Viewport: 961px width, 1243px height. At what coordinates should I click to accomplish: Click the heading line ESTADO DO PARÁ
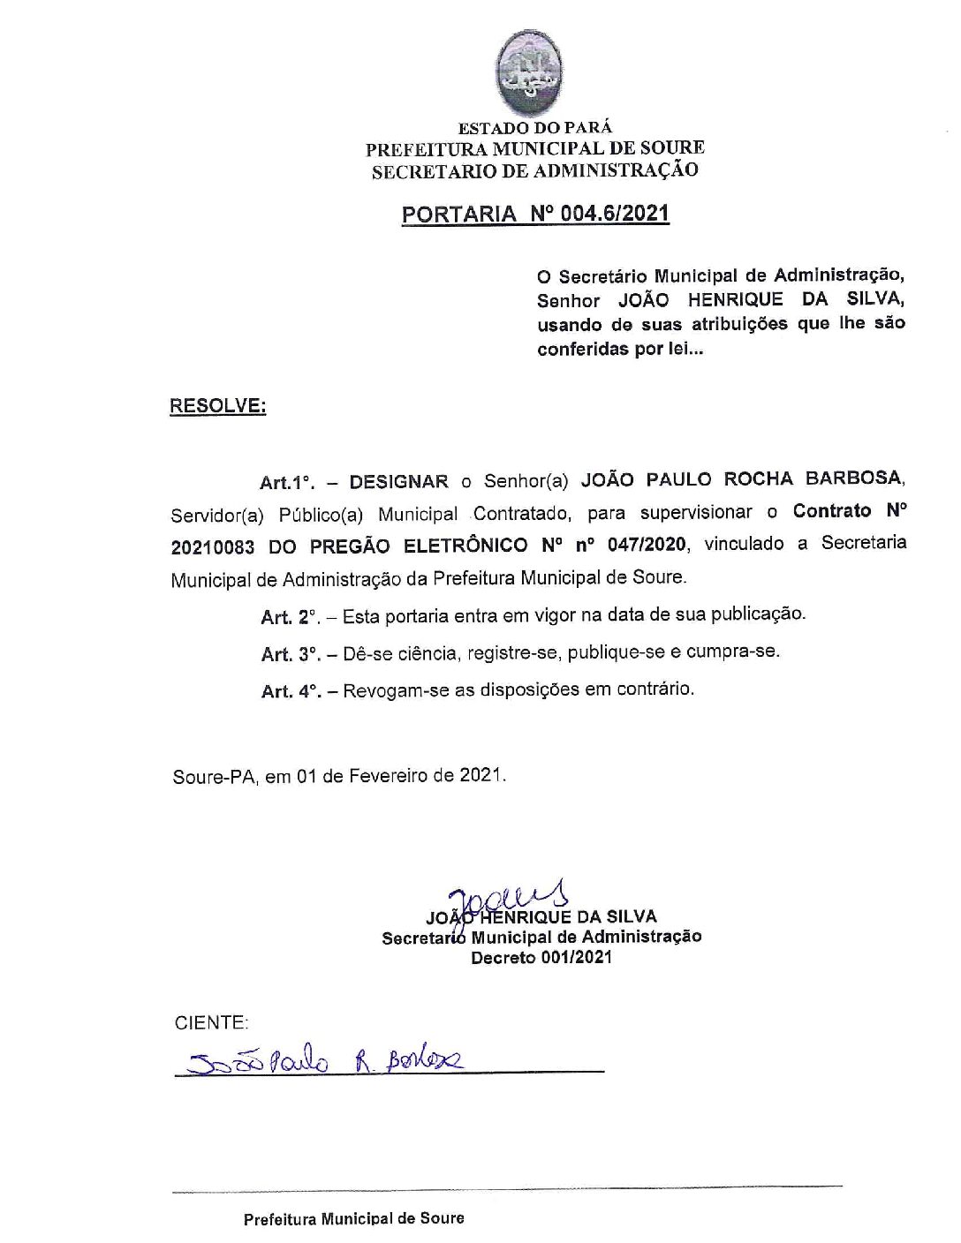(534, 128)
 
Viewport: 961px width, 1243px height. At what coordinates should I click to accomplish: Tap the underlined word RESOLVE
(217, 406)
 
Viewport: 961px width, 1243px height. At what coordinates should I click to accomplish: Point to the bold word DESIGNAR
(398, 482)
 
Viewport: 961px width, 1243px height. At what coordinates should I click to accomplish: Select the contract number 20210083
(213, 547)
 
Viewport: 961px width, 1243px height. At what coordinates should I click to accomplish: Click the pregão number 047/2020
(647, 545)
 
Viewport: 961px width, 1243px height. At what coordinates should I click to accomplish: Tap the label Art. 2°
(290, 617)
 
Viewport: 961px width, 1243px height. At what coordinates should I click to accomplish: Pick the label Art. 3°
(290, 654)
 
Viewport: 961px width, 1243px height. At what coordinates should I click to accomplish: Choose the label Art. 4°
(290, 691)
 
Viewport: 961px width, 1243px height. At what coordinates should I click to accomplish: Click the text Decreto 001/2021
(541, 958)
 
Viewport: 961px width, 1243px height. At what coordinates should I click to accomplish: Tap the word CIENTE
(211, 1023)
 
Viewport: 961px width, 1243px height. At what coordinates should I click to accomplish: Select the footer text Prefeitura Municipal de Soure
(353, 1219)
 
